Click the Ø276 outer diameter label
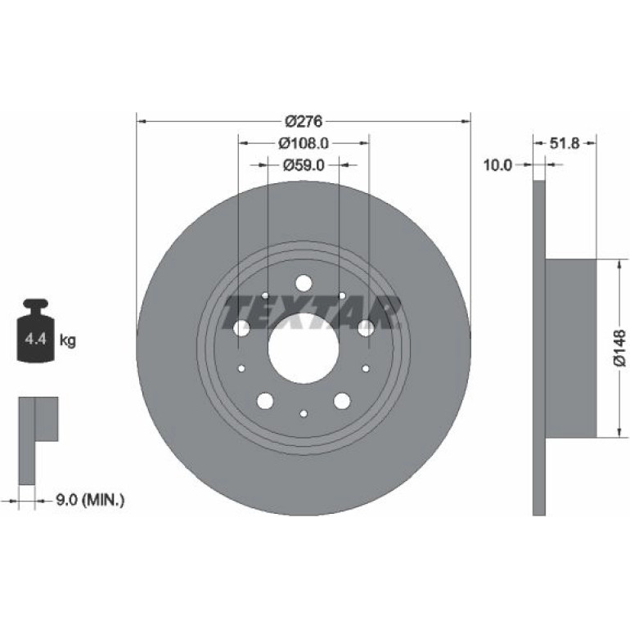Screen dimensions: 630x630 pos(304,121)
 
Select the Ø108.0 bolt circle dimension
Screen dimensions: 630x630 pos(304,143)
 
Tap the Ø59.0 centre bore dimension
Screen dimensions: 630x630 pos(304,165)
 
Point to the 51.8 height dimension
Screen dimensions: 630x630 pos(565,143)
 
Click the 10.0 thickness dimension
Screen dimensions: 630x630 pos(497,164)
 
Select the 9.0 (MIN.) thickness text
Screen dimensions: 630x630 pos(90,500)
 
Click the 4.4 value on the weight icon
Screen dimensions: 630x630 pos(36,339)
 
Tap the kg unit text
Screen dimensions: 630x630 pos(67,340)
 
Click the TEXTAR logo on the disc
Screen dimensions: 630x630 pos(312,313)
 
